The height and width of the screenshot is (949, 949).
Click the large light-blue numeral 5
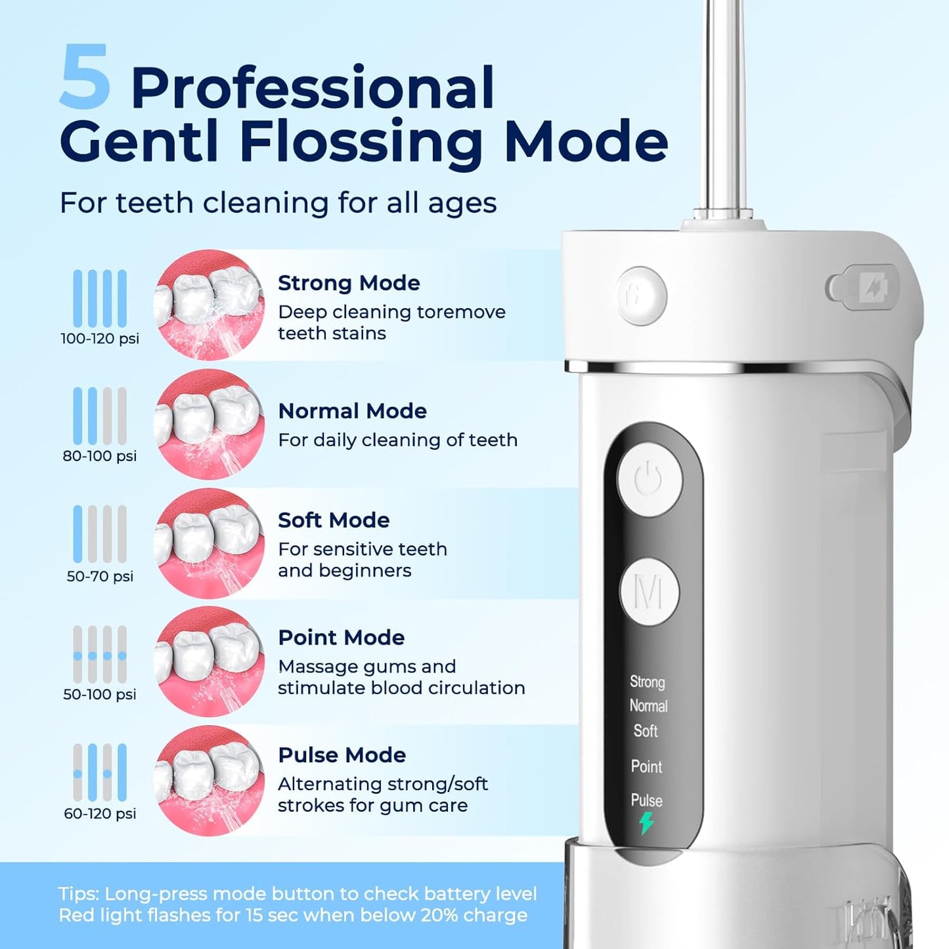click(x=84, y=77)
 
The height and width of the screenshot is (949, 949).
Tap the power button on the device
click(x=649, y=479)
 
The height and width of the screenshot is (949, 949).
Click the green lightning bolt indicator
click(x=646, y=823)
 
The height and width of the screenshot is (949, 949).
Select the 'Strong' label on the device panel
click(x=647, y=682)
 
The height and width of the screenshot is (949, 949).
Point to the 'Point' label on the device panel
click(x=646, y=766)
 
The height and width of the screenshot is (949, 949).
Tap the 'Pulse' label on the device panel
click(x=646, y=800)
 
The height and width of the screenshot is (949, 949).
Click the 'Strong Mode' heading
click(x=349, y=283)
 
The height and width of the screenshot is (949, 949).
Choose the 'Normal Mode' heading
click(x=352, y=411)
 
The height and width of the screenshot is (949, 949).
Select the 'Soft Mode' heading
click(x=334, y=520)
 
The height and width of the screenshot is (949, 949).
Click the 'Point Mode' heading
click(x=341, y=638)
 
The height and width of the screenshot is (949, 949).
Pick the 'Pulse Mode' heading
click(x=342, y=755)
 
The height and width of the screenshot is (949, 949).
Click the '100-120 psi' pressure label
click(x=100, y=339)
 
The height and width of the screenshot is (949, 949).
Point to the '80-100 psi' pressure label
click(x=100, y=456)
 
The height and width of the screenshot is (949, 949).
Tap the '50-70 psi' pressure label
click(x=100, y=576)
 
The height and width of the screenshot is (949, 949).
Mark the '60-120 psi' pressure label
click(x=100, y=813)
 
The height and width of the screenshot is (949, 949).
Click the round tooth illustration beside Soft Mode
click(x=209, y=543)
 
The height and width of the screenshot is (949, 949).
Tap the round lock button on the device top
click(x=641, y=295)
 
